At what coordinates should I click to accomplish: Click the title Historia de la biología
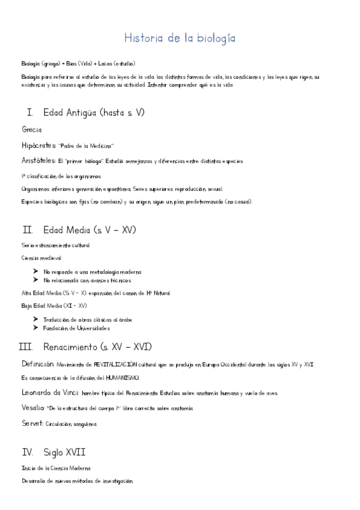click(x=180, y=38)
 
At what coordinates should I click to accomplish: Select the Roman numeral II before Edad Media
click(x=27, y=230)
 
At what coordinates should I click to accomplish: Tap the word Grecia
click(x=31, y=129)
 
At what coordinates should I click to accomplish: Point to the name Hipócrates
click(x=38, y=146)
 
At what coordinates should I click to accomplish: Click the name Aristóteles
click(x=38, y=161)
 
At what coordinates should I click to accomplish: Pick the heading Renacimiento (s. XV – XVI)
click(x=97, y=347)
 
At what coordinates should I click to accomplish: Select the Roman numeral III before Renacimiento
click(x=25, y=347)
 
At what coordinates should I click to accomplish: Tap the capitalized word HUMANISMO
click(x=123, y=378)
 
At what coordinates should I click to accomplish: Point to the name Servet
click(x=32, y=423)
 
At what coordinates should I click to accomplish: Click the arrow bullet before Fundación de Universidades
click(x=37, y=328)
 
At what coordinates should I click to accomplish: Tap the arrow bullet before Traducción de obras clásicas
click(x=37, y=319)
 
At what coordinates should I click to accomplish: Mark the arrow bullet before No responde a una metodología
click(x=37, y=271)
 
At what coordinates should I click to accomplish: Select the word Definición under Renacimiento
click(x=38, y=364)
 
